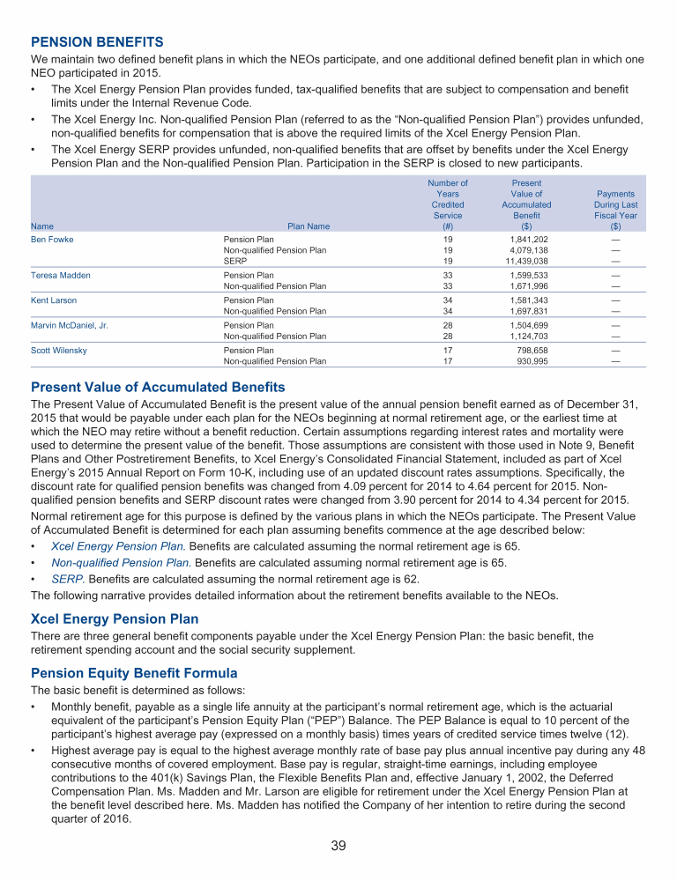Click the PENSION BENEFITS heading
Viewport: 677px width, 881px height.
[97, 41]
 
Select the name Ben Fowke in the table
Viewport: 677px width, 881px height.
[52, 239]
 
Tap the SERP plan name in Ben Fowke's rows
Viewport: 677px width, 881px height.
[234, 262]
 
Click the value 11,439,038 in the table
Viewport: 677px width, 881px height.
[527, 262]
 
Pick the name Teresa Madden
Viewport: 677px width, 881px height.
[60, 276]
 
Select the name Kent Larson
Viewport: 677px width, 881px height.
[54, 300]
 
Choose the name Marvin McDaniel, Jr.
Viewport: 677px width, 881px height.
[70, 325]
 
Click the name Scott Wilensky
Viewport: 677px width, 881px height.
[57, 350]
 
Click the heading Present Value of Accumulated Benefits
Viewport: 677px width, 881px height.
[158, 387]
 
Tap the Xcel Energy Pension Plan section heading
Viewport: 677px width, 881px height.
[115, 619]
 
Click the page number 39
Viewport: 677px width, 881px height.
[338, 847]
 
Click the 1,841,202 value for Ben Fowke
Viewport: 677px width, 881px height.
[530, 239]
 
